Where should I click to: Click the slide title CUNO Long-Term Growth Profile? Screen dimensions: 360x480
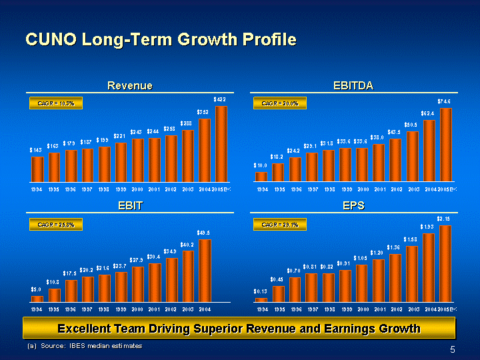[160, 40]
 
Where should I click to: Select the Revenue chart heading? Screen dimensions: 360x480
[130, 86]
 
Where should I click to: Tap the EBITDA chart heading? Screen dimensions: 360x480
[353, 86]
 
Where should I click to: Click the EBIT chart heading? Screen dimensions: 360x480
[130, 206]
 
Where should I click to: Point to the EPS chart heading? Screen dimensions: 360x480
[353, 206]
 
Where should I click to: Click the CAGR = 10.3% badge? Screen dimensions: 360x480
[56, 103]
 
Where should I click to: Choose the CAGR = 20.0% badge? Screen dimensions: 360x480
[280, 103]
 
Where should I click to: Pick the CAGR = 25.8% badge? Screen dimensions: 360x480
[56, 225]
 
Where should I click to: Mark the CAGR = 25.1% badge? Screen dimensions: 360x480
[280, 225]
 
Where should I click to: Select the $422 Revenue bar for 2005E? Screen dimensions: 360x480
[221, 143]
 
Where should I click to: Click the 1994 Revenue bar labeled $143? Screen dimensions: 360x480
[38, 169]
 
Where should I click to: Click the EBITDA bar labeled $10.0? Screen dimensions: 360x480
[261, 176]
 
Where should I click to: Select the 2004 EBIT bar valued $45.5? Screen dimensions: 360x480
[205, 270]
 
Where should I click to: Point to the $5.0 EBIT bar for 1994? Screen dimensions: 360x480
[38, 298]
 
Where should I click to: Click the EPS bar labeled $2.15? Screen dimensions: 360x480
[445, 263]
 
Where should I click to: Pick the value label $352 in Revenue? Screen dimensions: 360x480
[204, 112]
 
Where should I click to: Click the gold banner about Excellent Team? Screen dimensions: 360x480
[239, 328]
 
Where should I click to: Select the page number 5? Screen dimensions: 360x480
[453, 350]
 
